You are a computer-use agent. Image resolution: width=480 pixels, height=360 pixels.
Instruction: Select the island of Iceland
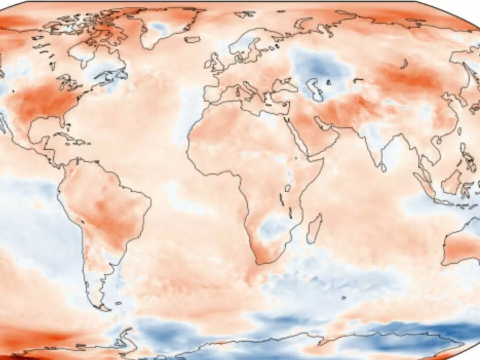click(x=192, y=39)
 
